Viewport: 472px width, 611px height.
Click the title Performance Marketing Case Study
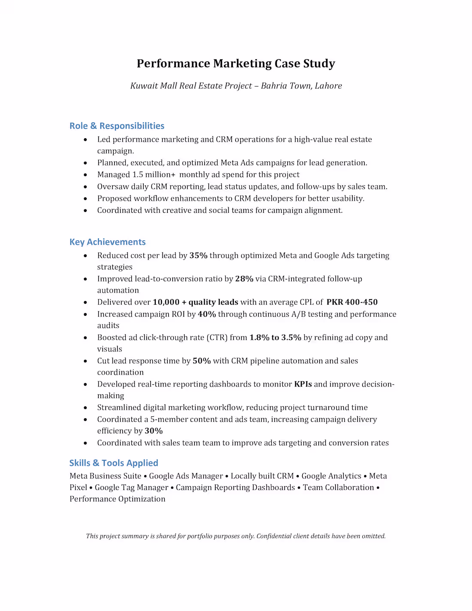click(236, 64)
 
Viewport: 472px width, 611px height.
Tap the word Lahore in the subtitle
click(328, 86)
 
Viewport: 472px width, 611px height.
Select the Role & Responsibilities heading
click(117, 126)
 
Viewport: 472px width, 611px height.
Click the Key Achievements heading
click(107, 242)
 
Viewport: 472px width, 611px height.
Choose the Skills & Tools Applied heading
click(114, 463)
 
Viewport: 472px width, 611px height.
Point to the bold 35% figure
click(198, 255)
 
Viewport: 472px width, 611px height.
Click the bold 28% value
click(244, 279)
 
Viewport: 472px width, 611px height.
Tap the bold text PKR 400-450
click(352, 302)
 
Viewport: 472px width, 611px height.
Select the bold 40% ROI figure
click(206, 314)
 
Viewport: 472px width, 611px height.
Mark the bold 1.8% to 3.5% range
click(275, 337)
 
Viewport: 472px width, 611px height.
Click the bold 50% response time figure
click(202, 361)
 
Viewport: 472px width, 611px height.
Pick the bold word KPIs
click(303, 384)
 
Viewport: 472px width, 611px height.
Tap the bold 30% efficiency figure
click(154, 431)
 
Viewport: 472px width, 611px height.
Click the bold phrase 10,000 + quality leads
click(195, 302)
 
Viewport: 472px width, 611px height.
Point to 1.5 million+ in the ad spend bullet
click(154, 175)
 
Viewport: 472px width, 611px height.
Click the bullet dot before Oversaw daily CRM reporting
click(85, 187)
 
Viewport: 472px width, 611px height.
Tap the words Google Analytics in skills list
click(331, 476)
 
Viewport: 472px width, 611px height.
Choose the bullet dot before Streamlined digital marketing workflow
click(85, 408)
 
